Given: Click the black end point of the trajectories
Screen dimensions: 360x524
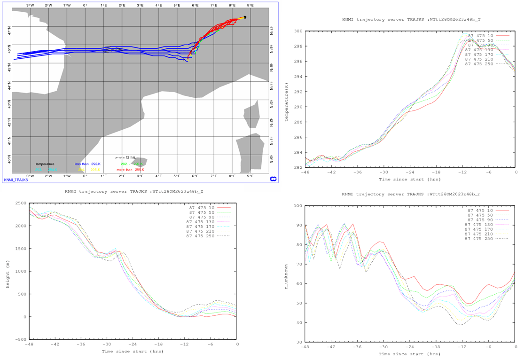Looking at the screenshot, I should pyautogui.click(x=245, y=17).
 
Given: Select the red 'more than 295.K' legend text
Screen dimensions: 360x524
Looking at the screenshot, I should pyautogui.click(x=130, y=169).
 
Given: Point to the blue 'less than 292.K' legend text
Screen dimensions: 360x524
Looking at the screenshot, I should pyautogui.click(x=88, y=164).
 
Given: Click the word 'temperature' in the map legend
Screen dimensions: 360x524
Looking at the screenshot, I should pyautogui.click(x=45, y=164).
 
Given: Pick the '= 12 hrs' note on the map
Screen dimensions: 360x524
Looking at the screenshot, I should pyautogui.click(x=125, y=157).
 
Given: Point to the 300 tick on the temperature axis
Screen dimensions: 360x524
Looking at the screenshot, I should pyautogui.click(x=298, y=31).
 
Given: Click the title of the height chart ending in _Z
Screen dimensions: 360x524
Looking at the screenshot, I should pyautogui.click(x=134, y=192).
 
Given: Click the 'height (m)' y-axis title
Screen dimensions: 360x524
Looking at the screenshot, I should pyautogui.click(x=7, y=271).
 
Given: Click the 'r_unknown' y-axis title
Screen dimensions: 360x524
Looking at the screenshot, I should pyautogui.click(x=286, y=274).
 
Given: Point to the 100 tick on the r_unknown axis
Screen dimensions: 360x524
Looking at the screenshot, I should pyautogui.click(x=297, y=206).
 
